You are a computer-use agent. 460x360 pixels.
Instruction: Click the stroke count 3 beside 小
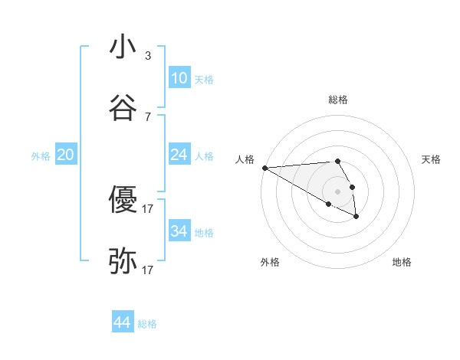click(x=148, y=55)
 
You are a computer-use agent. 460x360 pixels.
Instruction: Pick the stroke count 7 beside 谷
click(x=148, y=116)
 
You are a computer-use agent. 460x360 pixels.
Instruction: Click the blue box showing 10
click(x=179, y=78)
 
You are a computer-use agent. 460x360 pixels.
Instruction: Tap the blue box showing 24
click(x=179, y=155)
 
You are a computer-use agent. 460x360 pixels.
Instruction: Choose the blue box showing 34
click(x=179, y=231)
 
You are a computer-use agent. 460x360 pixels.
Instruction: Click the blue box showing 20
click(x=65, y=155)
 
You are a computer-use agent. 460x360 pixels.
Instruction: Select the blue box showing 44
click(x=123, y=322)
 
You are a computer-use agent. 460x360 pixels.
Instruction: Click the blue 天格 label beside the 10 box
click(x=204, y=79)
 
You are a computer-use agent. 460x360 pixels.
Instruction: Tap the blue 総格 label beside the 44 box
click(x=147, y=324)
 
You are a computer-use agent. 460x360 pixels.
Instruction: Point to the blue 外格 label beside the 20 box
click(x=41, y=155)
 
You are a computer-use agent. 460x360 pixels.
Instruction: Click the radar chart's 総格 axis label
click(x=338, y=100)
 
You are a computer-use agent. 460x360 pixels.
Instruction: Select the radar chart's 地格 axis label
click(x=402, y=262)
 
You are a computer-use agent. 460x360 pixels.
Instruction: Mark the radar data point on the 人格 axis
click(x=264, y=168)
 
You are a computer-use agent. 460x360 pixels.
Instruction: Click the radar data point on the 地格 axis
click(x=356, y=217)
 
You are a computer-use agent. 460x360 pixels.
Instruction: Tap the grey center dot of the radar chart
click(x=338, y=191)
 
